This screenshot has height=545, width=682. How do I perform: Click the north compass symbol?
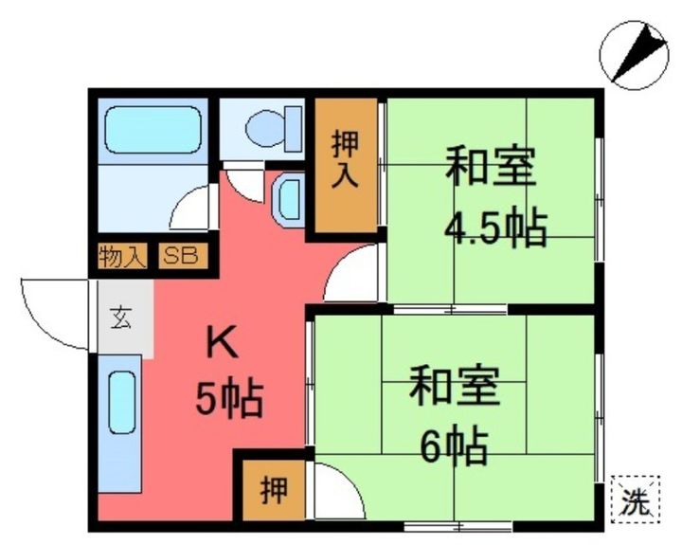coord(633,54)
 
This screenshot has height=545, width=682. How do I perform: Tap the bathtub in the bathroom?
coord(152,130)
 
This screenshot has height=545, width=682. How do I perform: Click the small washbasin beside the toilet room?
coord(287,198)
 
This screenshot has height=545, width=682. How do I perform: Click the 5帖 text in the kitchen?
coord(229,399)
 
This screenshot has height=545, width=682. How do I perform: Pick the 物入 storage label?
coord(122,256)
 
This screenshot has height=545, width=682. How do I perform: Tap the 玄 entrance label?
coord(121,318)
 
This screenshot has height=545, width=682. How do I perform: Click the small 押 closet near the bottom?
coord(272,490)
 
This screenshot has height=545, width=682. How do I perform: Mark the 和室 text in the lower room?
coord(454,388)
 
